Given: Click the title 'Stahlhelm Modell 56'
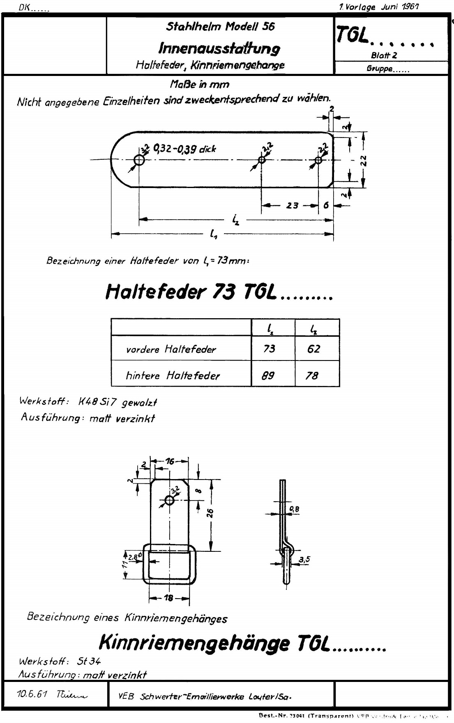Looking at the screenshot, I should (220, 27).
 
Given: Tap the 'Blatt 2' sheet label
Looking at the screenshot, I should (384, 55).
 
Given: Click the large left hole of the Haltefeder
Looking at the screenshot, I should (139, 160).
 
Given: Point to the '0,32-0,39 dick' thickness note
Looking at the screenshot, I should (184, 149).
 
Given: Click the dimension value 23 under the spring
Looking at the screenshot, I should (292, 205).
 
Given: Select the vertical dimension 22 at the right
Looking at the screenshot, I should (363, 160).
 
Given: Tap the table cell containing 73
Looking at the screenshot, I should (270, 349).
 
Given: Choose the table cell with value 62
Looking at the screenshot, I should (313, 349).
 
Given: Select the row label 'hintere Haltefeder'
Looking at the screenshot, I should (173, 375).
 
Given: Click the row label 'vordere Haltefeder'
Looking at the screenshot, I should (171, 349).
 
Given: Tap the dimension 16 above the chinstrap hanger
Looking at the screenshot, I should (170, 461).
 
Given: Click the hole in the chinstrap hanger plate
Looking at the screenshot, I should (169, 500).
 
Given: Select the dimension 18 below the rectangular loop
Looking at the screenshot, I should (168, 598).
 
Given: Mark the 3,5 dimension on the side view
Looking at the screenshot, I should (304, 559).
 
